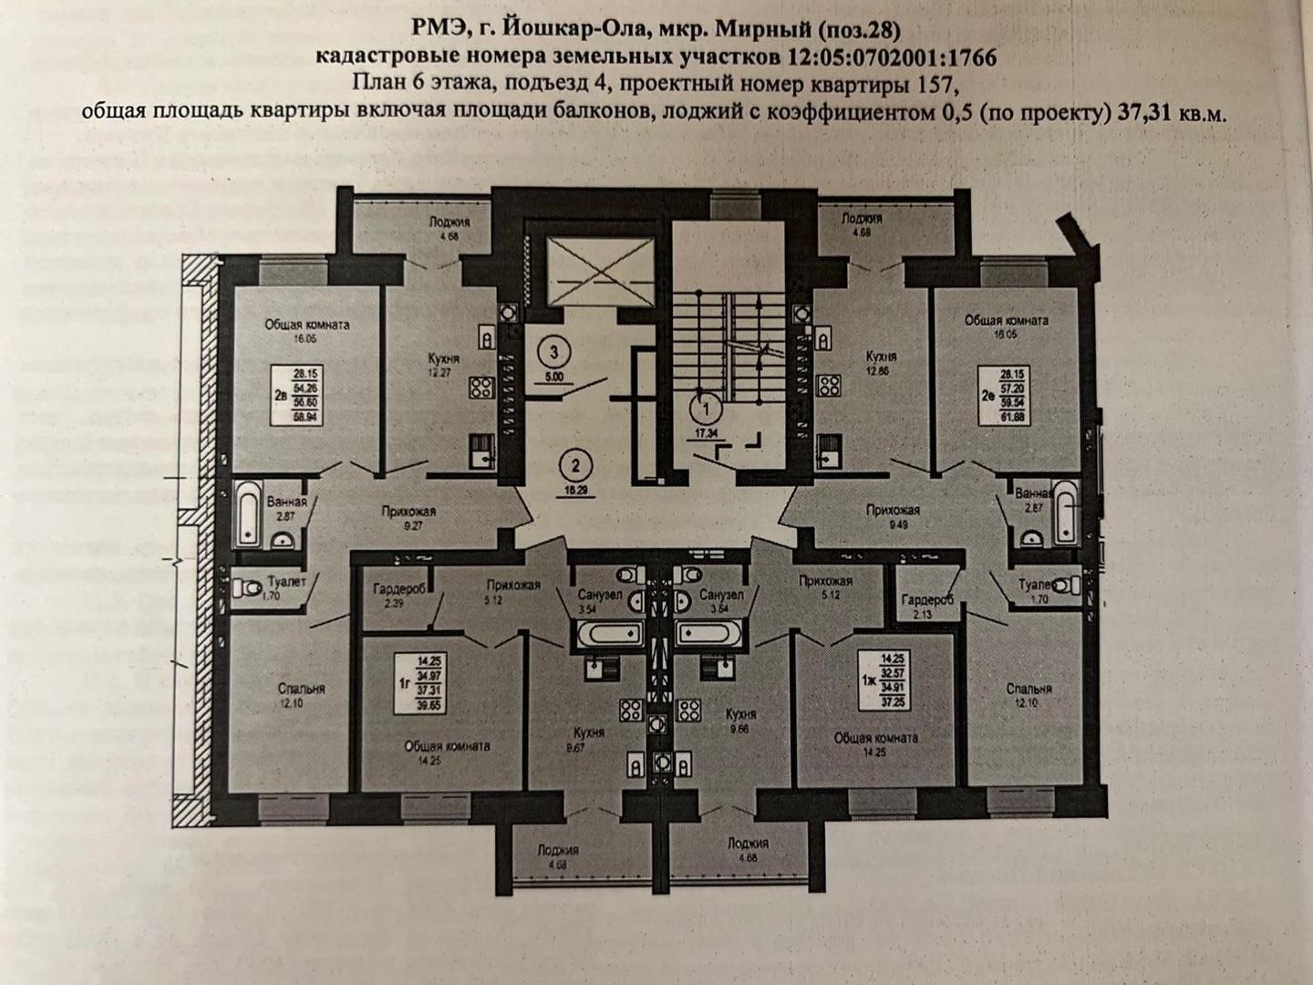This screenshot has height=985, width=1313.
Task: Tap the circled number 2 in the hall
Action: [x=574, y=468]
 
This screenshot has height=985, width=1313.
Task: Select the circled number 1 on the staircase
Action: [x=703, y=399]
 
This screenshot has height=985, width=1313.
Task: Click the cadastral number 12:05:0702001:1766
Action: [x=891, y=57]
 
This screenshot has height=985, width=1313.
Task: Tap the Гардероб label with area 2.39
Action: [x=394, y=589]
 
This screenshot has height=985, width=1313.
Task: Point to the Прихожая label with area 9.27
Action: [x=408, y=513]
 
